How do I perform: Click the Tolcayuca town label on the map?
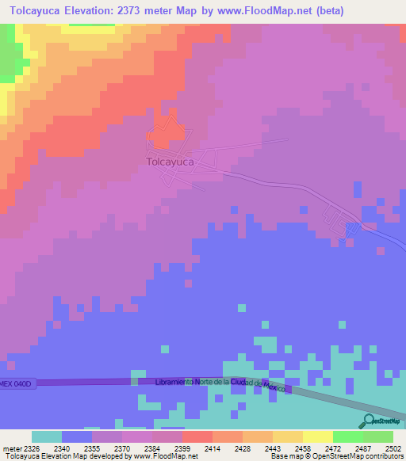tap(170, 162)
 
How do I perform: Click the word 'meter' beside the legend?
tap(10, 448)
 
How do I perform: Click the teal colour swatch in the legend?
tap(46, 436)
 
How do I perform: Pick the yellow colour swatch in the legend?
tap(317, 436)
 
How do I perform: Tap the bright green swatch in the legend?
tap(347, 436)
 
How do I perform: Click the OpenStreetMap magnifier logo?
tap(368, 421)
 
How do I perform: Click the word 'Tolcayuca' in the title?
tap(38, 11)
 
